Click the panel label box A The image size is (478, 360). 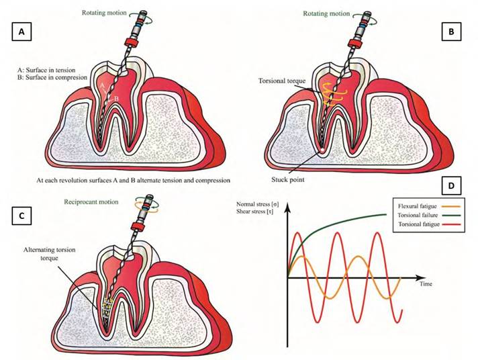[21, 31]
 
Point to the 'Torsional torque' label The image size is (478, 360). [281, 81]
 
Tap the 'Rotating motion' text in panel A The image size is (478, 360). [102, 12]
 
